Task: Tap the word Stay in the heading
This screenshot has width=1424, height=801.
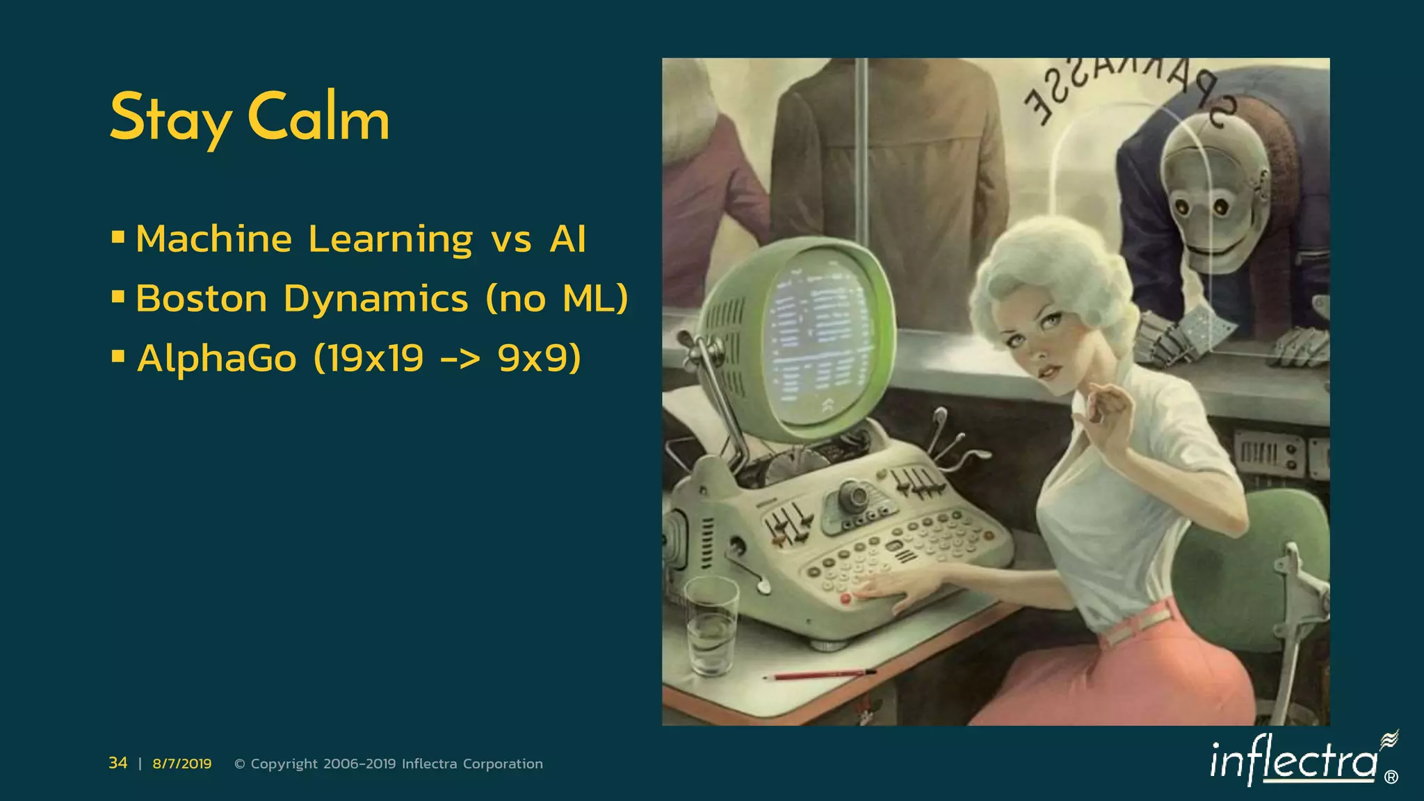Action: coord(170,118)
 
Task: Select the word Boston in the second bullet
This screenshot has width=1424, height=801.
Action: coord(202,299)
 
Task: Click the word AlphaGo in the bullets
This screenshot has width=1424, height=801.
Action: coord(217,359)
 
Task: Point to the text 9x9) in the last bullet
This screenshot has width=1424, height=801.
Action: coord(539,359)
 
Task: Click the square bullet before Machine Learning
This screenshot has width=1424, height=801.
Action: coord(118,238)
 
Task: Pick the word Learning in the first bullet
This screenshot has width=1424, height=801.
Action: coord(391,240)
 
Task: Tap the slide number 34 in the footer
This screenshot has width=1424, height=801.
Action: coord(118,763)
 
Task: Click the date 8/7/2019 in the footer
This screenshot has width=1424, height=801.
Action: coord(182,764)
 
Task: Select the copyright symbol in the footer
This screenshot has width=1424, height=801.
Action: coord(240,764)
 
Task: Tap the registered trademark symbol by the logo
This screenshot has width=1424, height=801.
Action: coord(1391,777)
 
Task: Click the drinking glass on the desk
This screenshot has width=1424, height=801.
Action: coord(711,626)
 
